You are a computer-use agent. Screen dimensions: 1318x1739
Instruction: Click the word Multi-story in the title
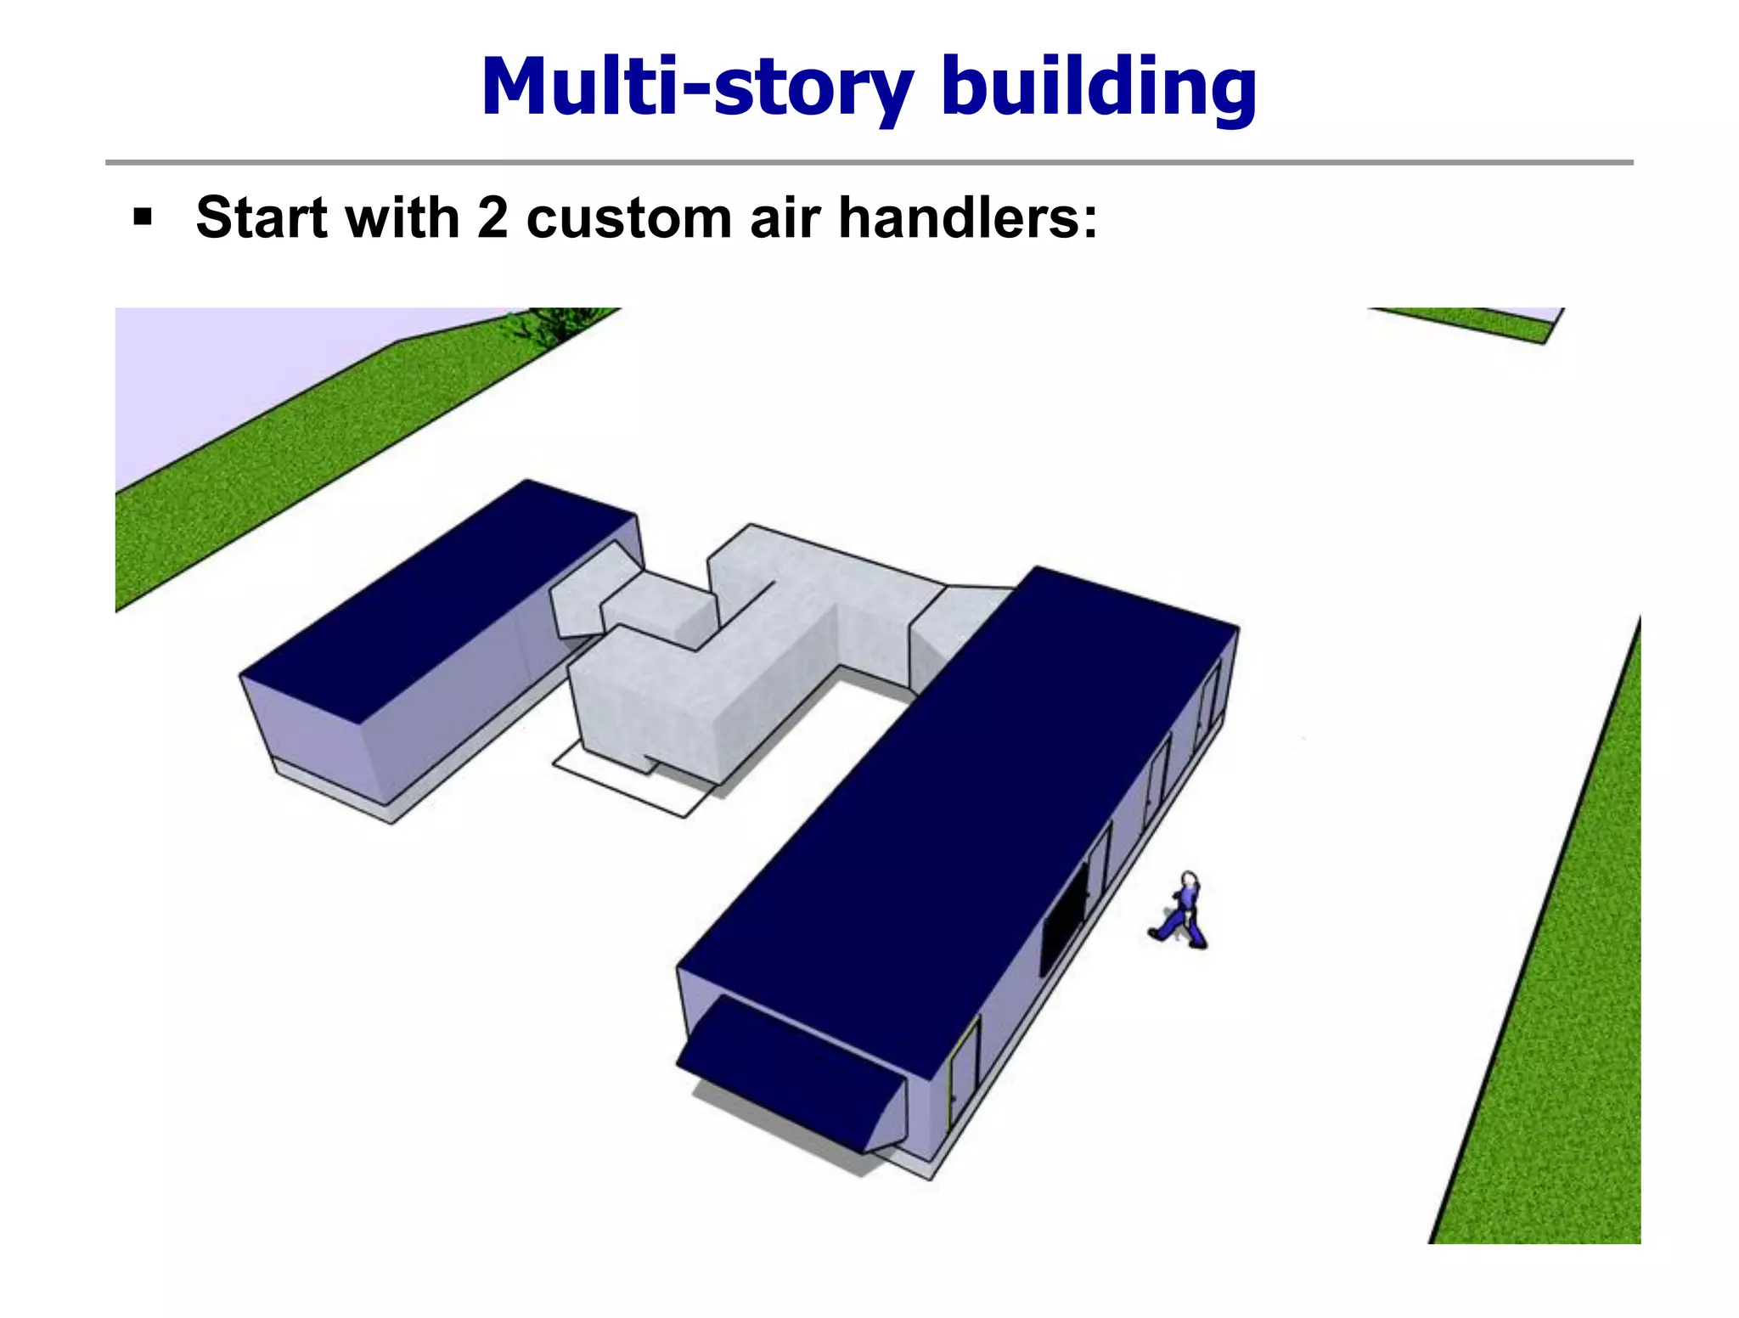[696, 87]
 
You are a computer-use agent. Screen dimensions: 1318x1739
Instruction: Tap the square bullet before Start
[143, 218]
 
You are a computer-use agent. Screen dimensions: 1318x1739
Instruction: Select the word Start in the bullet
[262, 218]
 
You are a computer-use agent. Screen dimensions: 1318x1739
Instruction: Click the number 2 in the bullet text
[492, 218]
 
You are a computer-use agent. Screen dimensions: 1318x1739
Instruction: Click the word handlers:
[968, 218]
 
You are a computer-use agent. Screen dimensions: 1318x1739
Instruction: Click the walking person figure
[1181, 913]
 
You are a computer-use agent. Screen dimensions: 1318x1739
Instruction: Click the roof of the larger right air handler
[960, 790]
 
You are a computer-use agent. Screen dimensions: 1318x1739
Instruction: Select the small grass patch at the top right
[1477, 323]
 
